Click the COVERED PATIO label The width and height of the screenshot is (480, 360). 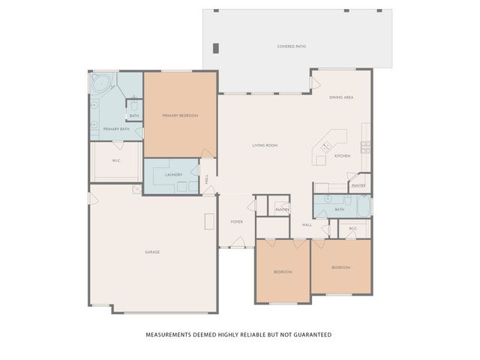pos(291,46)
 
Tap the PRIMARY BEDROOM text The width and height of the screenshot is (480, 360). pos(180,115)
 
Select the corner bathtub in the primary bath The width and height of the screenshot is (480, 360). pos(100,83)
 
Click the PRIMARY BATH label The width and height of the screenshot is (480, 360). pos(116,130)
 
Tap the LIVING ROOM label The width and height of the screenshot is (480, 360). pos(265,145)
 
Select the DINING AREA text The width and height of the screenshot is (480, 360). pos(341,97)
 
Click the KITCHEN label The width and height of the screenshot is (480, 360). pos(342,156)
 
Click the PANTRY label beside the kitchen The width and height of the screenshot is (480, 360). pos(358,185)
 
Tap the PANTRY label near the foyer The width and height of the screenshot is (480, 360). pos(282,210)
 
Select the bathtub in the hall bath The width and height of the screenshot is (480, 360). pos(362,206)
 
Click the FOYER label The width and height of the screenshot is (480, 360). pos(236,222)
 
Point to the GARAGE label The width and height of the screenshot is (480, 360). pos(152,252)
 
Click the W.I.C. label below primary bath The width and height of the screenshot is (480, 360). pos(116,160)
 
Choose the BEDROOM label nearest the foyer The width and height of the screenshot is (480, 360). pos(282,271)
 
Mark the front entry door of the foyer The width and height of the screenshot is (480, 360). pos(238,242)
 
